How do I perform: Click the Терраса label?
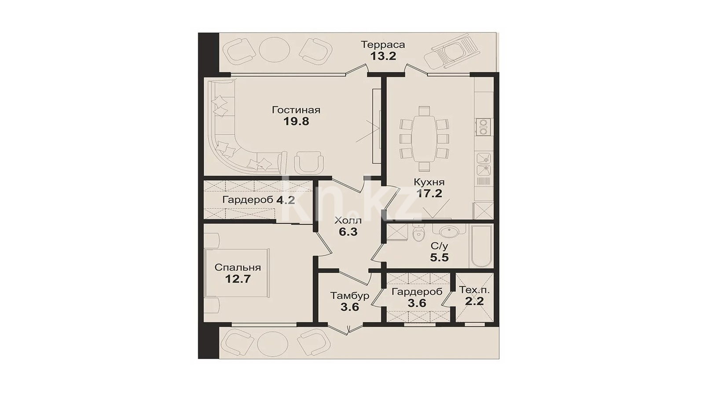click(383, 44)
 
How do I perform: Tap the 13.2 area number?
click(383, 56)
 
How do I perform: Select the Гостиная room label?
click(296, 110)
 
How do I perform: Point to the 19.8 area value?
click(297, 121)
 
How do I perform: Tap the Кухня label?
click(429, 182)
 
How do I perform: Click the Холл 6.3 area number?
click(348, 232)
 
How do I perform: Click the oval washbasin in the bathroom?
click(448, 232)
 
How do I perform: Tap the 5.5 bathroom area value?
click(440, 258)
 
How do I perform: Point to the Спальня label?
click(238, 268)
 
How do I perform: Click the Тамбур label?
click(349, 296)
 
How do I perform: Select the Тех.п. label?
click(474, 290)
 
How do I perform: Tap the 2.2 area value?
click(474, 301)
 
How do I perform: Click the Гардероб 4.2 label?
click(258, 200)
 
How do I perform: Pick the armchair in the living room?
click(308, 162)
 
